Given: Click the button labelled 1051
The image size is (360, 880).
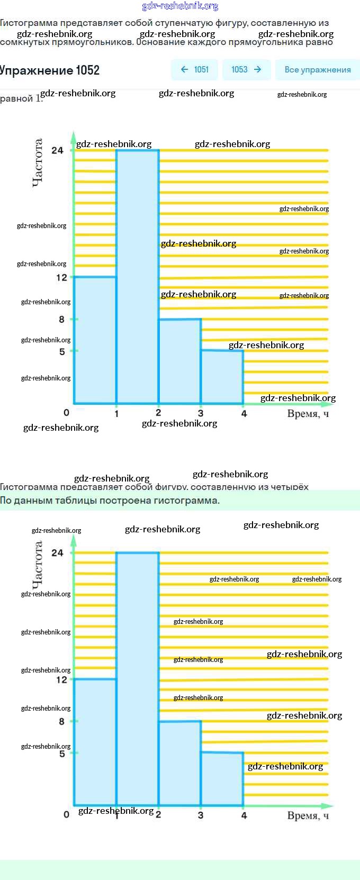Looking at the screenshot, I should click(x=195, y=69).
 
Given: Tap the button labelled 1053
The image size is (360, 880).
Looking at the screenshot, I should click(x=246, y=69).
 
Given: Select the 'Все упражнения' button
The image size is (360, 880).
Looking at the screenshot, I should click(x=317, y=69).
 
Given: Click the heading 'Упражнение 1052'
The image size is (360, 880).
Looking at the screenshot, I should click(x=50, y=70).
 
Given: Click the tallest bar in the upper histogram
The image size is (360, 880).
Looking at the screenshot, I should click(x=138, y=275).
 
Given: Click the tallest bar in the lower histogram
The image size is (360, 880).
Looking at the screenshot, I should click(x=138, y=677).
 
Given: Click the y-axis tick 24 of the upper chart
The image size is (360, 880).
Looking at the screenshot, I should click(x=57, y=150).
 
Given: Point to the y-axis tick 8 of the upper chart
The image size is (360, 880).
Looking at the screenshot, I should click(x=62, y=319).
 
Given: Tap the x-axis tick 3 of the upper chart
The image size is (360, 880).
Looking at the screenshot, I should click(x=201, y=413).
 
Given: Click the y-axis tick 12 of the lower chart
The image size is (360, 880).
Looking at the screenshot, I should click(x=62, y=679).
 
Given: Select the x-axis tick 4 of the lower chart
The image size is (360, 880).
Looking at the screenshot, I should click(x=244, y=815).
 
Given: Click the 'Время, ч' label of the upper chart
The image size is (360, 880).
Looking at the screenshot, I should click(x=308, y=414).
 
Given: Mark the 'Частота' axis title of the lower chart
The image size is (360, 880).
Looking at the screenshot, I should click(x=37, y=565).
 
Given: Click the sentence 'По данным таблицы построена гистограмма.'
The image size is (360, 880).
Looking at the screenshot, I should click(x=110, y=501).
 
